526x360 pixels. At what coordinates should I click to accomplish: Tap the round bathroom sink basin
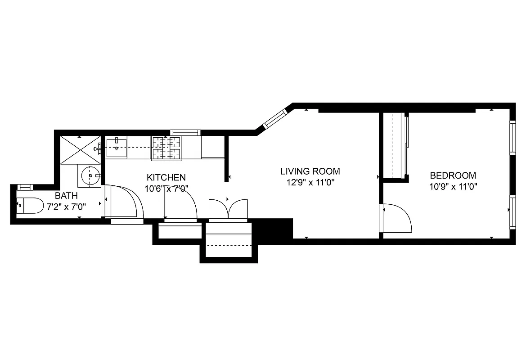pos(90,176)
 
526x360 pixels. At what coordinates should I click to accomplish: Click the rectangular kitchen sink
pos(116,148)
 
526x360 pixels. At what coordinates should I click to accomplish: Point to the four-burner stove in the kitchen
pos(166,148)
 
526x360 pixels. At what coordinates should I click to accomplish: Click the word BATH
pos(66,196)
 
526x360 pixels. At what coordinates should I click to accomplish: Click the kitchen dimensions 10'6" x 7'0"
pos(166,189)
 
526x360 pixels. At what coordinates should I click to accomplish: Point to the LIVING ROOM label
pos(310,171)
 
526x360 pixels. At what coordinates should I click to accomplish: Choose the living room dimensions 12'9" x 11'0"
pos(310,182)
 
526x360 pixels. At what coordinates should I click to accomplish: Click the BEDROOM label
pos(453,175)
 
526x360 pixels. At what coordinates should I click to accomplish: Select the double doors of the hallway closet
pos(228,209)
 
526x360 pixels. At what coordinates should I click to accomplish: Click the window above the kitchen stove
pos(184,132)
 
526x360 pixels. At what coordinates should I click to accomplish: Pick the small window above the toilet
pos(24,187)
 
